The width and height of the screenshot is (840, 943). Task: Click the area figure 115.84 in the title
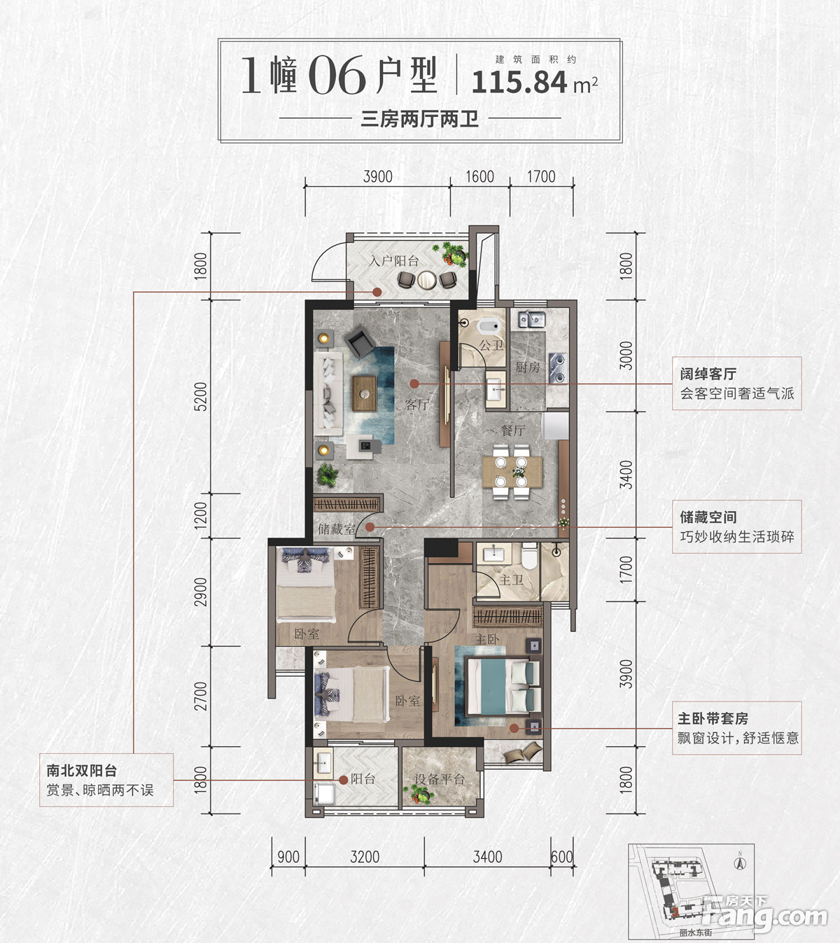point(519,83)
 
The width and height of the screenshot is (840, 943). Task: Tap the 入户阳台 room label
point(393,260)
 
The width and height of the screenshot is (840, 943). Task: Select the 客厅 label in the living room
point(417,403)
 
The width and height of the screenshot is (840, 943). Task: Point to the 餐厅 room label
point(513,430)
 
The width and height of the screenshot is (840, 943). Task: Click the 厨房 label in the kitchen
point(527,368)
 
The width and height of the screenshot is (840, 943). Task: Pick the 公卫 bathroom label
point(491,345)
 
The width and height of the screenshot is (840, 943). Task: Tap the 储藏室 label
point(337,529)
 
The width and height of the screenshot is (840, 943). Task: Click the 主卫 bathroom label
point(511,580)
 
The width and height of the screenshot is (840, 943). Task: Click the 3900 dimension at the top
point(377,177)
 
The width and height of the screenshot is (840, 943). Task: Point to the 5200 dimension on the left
point(200,396)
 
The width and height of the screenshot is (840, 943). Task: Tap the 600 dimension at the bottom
point(561,857)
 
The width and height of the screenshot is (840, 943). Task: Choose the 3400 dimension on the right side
point(626,475)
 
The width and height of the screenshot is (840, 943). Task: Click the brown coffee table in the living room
point(365,393)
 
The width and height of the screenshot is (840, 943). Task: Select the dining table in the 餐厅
point(512,472)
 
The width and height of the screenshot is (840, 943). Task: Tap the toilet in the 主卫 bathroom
point(529,556)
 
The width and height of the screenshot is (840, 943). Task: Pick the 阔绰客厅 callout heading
point(708,374)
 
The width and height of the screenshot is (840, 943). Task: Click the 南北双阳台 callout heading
point(81,770)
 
